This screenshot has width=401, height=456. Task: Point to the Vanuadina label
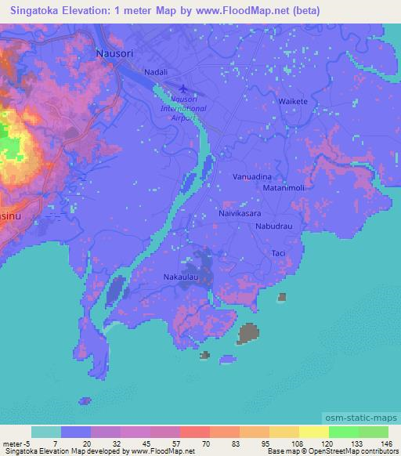pyautogui.click(x=252, y=178)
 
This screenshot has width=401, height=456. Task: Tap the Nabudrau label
pyautogui.click(x=274, y=226)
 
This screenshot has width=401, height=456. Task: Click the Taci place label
pyautogui.click(x=278, y=253)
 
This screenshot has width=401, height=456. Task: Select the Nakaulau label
pyautogui.click(x=179, y=277)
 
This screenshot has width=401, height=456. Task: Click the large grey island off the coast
pyautogui.click(x=250, y=333)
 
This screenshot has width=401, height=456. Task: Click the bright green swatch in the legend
pyautogui.click(x=343, y=432)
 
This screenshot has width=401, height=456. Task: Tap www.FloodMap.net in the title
pyautogui.click(x=249, y=10)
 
